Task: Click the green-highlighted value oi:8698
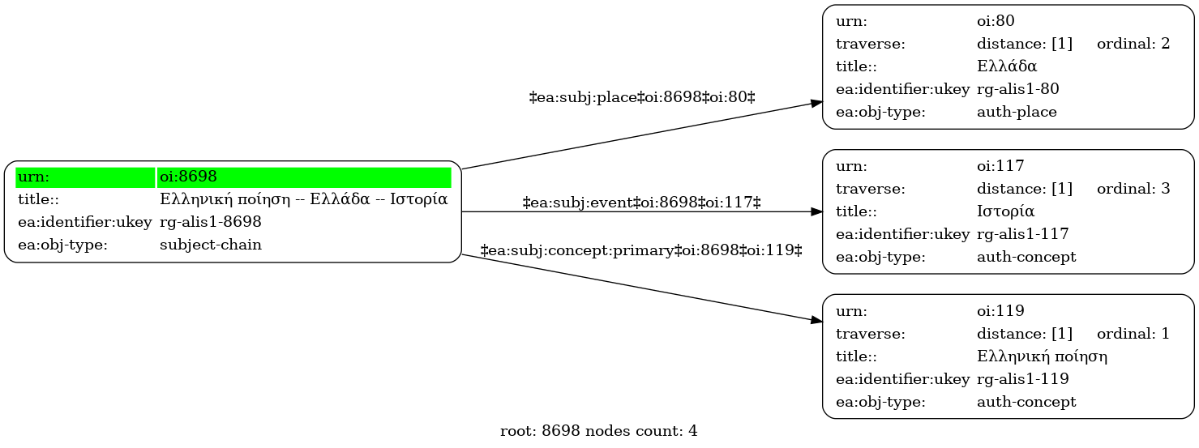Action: [x=188, y=177]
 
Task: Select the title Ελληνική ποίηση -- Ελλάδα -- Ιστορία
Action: [x=303, y=199]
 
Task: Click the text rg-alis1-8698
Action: [x=210, y=222]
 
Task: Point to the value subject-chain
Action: [x=210, y=245]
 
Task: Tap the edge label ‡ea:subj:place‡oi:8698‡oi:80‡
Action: [x=642, y=97]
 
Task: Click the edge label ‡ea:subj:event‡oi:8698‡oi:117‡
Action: [x=642, y=203]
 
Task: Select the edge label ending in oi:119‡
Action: [x=641, y=250]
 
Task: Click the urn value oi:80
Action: [x=996, y=21]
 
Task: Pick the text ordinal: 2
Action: [x=1133, y=44]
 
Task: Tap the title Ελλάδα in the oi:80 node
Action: [x=1007, y=66]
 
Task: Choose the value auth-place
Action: [x=1017, y=113]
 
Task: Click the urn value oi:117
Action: [x=1000, y=166]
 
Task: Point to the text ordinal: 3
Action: [x=1133, y=189]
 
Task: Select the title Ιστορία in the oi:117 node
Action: [x=1006, y=211]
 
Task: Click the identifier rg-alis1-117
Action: [x=1022, y=234]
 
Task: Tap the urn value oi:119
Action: [x=1000, y=311]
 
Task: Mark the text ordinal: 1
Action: [x=1133, y=334]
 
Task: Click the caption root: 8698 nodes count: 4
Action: [x=598, y=431]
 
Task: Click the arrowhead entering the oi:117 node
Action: [x=816, y=211]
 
